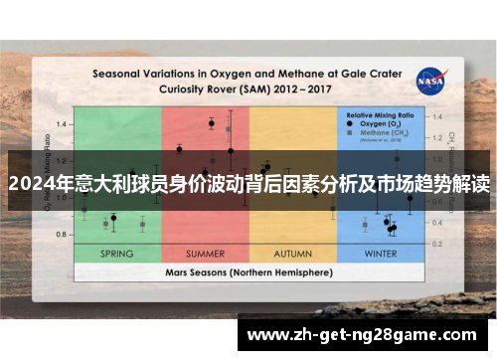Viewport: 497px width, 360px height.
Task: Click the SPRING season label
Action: (117, 254)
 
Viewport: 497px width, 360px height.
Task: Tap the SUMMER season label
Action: (205, 254)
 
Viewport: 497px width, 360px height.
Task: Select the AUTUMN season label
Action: (292, 254)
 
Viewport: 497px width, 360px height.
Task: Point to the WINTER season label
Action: (380, 254)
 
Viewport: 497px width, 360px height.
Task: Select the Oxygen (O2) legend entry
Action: (386, 124)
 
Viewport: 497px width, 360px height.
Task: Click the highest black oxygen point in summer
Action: (212, 123)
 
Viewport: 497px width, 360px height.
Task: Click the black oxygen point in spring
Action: (113, 217)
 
